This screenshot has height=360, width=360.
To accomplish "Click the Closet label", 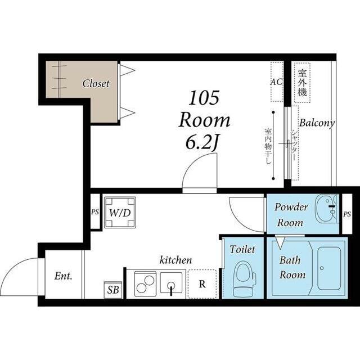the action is pyautogui.click(x=96, y=84).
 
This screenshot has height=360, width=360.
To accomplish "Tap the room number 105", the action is pyautogui.click(x=204, y=98).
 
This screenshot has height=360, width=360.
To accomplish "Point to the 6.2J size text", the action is pyautogui.click(x=201, y=142).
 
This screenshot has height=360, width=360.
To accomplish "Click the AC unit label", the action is pyautogui.click(x=276, y=82).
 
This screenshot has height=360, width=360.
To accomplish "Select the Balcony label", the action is pyautogui.click(x=317, y=123).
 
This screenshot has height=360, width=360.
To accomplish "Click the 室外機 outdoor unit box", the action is pyautogui.click(x=303, y=83).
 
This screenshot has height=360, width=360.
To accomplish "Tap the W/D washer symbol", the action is pyautogui.click(x=120, y=213).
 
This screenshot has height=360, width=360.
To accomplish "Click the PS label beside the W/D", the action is pyautogui.click(x=95, y=211).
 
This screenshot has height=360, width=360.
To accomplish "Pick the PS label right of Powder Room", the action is pyautogui.click(x=347, y=214).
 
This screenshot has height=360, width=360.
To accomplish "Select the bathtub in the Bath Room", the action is pyautogui.click(x=328, y=268).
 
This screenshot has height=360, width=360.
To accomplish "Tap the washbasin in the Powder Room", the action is pyautogui.click(x=326, y=209).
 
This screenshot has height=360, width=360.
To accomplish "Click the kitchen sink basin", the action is pyautogui.click(x=171, y=282).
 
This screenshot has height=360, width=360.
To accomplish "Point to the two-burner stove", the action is pyautogui.click(x=145, y=284).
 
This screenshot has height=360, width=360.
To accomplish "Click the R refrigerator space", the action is pyautogui.click(x=202, y=284).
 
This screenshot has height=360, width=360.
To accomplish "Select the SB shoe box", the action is pyautogui.click(x=113, y=290).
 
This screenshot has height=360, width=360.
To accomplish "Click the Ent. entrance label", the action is pyautogui.click(x=64, y=276).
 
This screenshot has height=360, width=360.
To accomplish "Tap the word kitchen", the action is pyautogui.click(x=175, y=260).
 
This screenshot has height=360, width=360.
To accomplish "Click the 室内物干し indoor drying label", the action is pyautogui.click(x=268, y=146).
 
